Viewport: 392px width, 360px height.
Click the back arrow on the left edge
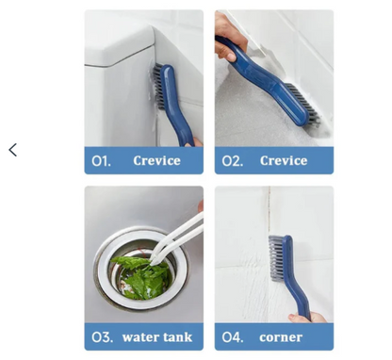tap(12, 150)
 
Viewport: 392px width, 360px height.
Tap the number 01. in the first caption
tap(101, 161)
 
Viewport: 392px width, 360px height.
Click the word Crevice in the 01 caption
tap(156, 161)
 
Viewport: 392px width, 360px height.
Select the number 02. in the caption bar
tap(232, 161)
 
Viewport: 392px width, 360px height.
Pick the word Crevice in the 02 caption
tap(284, 161)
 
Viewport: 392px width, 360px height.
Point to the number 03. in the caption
tap(102, 336)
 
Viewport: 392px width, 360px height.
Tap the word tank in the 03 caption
tap(176, 336)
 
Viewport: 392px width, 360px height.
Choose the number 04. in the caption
tap(233, 336)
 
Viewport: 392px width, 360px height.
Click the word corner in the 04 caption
tap(281, 336)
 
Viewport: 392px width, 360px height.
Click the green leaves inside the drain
tap(139, 272)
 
